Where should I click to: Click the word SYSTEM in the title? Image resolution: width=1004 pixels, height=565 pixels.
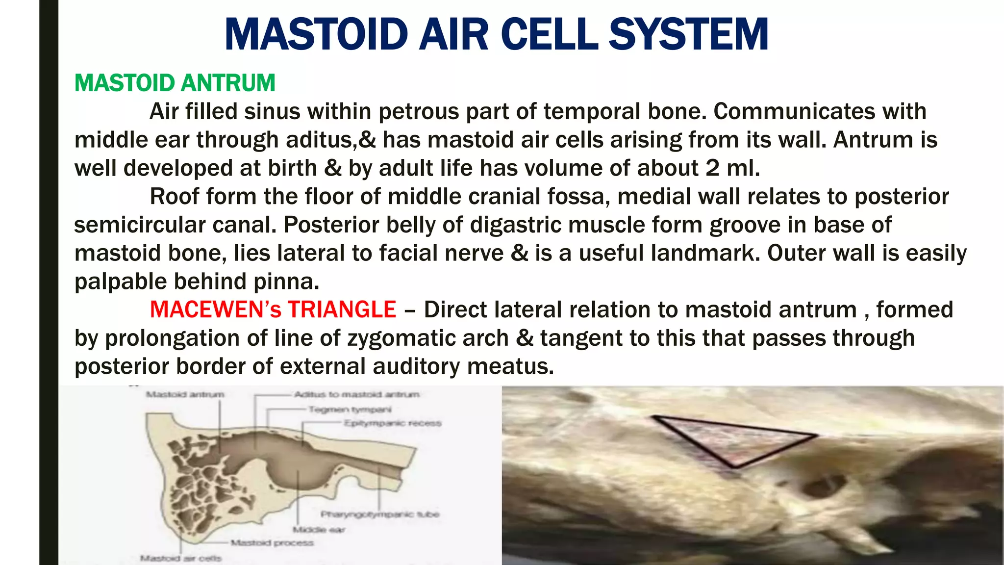688,34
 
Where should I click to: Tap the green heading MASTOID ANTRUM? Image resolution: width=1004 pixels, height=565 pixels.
175,83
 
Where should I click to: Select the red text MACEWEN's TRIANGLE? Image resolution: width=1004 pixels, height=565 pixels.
273,310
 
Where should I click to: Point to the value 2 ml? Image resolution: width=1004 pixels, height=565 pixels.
733,168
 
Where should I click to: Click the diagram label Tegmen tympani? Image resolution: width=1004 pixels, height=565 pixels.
350,409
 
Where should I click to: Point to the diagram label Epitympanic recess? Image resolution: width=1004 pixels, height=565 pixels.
392,423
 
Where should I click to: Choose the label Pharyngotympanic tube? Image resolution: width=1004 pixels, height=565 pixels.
380,514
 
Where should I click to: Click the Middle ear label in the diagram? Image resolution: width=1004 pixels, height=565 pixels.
319,529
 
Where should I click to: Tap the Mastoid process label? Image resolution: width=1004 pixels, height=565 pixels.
272,542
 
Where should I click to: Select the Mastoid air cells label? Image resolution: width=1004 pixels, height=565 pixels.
181,558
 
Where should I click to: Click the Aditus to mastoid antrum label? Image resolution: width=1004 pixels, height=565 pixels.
356,394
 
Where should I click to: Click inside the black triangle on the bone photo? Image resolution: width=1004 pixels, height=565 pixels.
730,439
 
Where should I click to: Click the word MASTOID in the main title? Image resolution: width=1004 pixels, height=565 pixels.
316,34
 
